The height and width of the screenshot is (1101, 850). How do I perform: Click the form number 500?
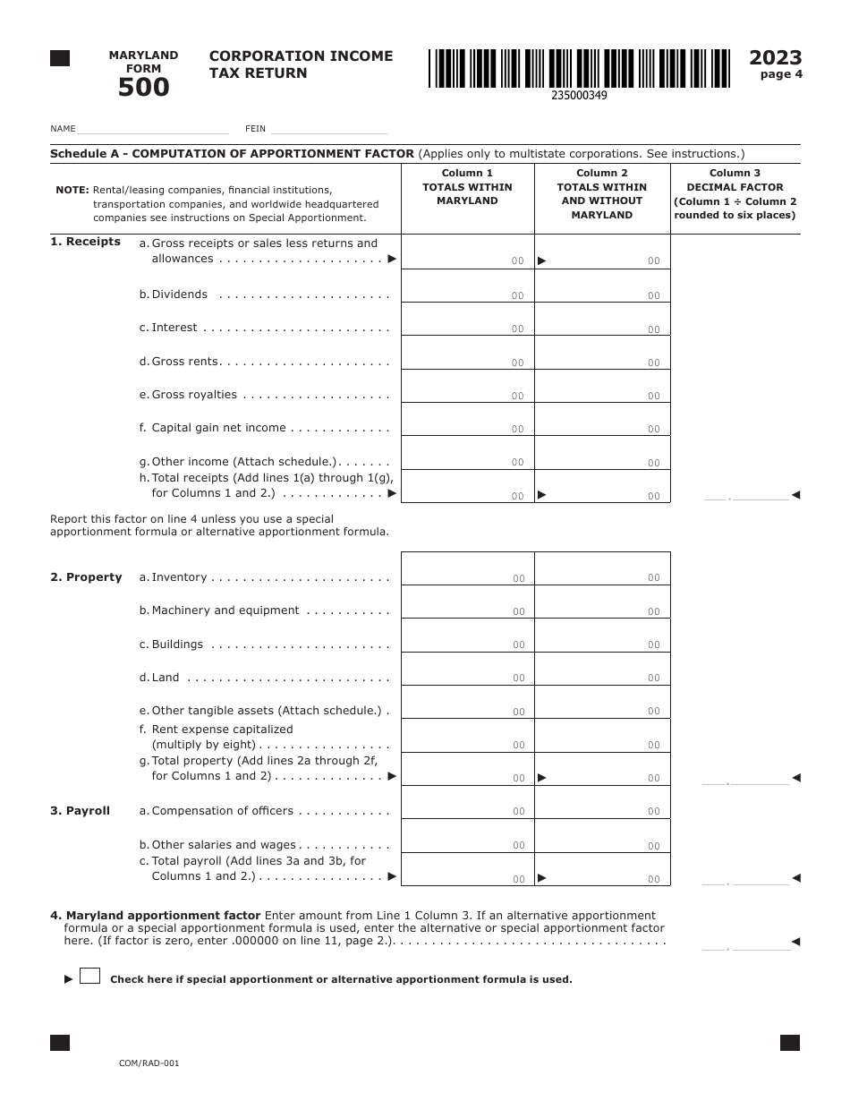click(143, 88)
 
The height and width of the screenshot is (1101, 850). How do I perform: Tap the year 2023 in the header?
click(775, 58)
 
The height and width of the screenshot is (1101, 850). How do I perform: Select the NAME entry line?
click(153, 129)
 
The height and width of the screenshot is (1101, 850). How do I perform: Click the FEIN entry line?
click(328, 129)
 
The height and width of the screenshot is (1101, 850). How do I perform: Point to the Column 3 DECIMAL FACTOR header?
click(735, 194)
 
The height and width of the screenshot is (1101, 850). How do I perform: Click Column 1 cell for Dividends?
click(467, 286)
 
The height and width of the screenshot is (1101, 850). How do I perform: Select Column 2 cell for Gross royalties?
click(602, 387)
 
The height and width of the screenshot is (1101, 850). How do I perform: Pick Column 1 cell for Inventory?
click(467, 569)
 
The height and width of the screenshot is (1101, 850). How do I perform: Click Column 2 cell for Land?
click(602, 670)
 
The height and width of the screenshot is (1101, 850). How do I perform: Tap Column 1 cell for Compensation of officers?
click(467, 803)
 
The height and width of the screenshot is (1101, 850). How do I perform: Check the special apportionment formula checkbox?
click(89, 976)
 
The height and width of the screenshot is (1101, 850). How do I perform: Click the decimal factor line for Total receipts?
click(746, 496)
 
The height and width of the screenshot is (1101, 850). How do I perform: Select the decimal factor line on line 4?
click(746, 943)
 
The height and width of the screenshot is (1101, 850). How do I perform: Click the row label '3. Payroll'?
click(80, 811)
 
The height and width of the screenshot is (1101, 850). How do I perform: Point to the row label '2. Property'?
click(86, 577)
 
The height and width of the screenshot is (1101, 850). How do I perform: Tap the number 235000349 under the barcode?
click(579, 95)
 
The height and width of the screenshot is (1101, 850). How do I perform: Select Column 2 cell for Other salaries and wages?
click(602, 837)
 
